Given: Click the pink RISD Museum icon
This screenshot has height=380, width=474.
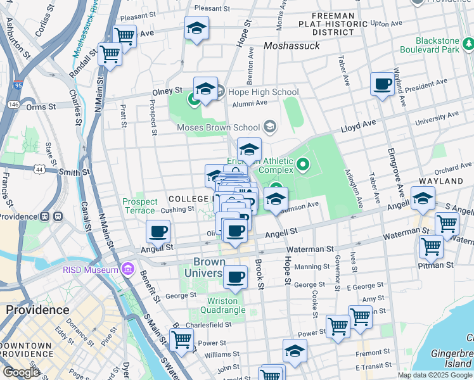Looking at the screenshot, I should pyautogui.click(x=129, y=270).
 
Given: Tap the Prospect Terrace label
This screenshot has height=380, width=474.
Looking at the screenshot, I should pyautogui.click(x=139, y=206).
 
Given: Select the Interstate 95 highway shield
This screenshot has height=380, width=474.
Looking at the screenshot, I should pyautogui.click(x=17, y=84).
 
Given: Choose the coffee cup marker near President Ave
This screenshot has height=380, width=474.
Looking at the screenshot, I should pyautogui.click(x=382, y=84).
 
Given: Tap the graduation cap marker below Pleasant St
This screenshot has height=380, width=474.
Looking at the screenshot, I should pyautogui.click(x=197, y=28).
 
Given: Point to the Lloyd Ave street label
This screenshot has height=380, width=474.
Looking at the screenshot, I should pyautogui.click(x=358, y=126).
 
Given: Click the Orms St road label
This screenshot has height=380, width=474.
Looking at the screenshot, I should pyautogui.click(x=37, y=107).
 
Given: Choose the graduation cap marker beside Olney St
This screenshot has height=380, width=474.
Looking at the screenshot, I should pyautogui.click(x=205, y=90).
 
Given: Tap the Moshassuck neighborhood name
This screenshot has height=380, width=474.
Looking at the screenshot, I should pyautogui.click(x=292, y=46).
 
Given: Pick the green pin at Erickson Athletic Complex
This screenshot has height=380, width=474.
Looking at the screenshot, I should pyautogui.click(x=302, y=166).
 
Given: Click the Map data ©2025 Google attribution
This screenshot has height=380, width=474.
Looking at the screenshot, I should pyautogui.click(x=434, y=375).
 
